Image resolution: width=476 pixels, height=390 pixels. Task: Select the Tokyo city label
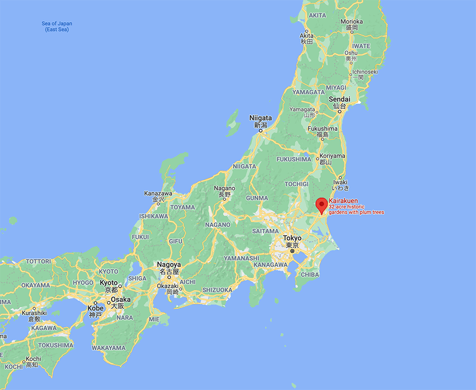point(292,238)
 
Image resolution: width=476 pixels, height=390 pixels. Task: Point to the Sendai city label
point(339,100)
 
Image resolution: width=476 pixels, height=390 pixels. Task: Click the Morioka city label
point(352,22)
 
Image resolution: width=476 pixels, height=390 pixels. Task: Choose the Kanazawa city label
point(158,193)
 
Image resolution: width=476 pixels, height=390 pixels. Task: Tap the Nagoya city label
point(168,265)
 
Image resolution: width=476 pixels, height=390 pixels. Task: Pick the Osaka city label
point(121,299)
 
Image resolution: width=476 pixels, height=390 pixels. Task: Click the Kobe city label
point(95,308)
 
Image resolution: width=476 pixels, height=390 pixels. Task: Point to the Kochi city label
point(33,359)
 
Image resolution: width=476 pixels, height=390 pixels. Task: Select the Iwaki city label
point(340,182)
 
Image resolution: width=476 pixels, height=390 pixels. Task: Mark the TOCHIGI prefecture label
point(296,184)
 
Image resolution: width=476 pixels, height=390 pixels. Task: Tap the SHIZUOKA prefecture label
point(217,290)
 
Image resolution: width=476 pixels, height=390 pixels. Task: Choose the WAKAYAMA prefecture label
point(109,348)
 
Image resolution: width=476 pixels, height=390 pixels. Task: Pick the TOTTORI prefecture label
point(38,261)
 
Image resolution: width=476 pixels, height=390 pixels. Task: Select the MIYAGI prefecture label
point(336,88)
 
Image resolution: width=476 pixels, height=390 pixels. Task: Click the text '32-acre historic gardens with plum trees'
point(356,209)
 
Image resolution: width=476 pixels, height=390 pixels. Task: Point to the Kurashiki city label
point(34,313)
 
